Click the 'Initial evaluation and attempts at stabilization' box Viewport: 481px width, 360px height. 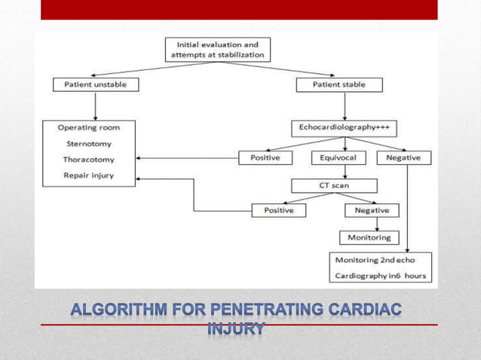pos(217,50)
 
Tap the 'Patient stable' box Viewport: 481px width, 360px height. pos(339,84)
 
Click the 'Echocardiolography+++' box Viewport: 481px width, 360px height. pos(344,128)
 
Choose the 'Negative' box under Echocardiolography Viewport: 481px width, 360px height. pos(407,158)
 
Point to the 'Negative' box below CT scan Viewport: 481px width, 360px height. pos(370,211)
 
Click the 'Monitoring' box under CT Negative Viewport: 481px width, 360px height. pos(369,237)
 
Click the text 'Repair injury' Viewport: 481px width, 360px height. pos(87,176)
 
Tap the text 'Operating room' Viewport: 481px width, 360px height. pos(88,128)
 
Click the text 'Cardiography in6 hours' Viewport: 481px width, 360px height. pos(380,276)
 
